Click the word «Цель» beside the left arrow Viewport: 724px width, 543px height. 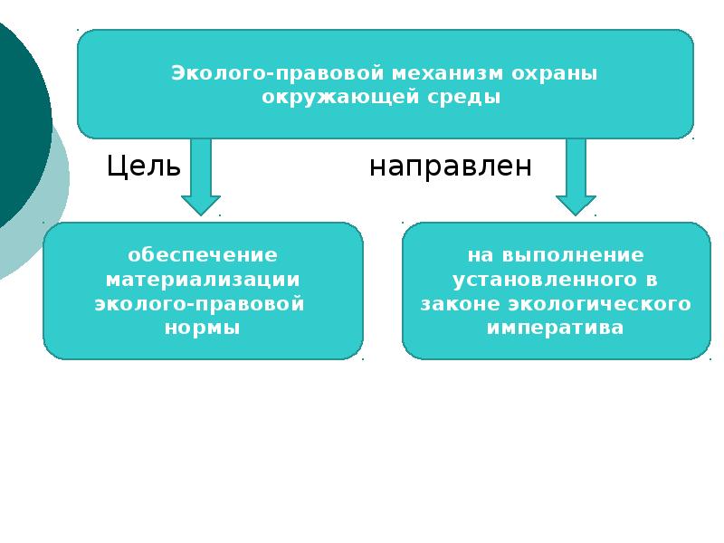point(143,167)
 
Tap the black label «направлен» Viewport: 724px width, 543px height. point(451,167)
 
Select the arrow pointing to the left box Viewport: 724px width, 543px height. point(201,176)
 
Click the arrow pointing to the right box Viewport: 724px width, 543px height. point(576,176)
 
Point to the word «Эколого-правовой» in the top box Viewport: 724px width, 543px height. point(278,73)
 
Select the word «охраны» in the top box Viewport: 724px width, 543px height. point(554,74)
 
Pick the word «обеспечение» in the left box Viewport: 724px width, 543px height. point(203,255)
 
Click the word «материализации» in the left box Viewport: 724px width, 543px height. point(203,280)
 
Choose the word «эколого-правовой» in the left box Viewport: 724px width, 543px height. point(199,304)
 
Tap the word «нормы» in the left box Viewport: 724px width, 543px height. point(202,328)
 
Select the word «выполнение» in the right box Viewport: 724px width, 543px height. point(573,255)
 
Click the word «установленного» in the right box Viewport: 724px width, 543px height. point(545,280)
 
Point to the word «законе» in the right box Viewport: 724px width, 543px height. point(461,304)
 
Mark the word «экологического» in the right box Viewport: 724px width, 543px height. point(599,304)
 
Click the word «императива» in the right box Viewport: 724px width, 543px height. point(555,329)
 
